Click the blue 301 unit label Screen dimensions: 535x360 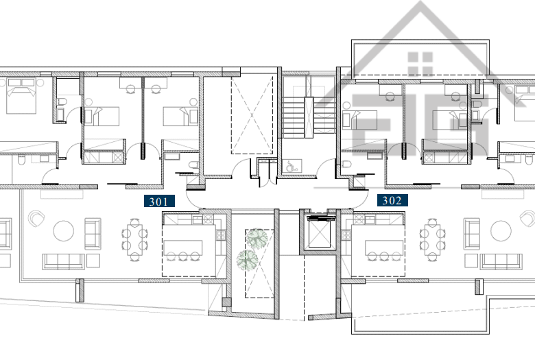(x=159, y=201)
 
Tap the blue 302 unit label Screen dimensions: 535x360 (x=392, y=200)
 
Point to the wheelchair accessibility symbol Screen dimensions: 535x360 (x=292, y=167)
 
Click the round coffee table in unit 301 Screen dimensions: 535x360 (x=64, y=231)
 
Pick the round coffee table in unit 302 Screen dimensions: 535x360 (x=501, y=231)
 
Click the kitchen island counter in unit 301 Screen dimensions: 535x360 (x=183, y=247)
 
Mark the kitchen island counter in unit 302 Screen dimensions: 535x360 (x=384, y=247)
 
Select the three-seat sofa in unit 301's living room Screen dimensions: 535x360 (x=64, y=262)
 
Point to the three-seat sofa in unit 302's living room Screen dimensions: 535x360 (x=501, y=262)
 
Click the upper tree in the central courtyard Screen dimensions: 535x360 (x=257, y=238)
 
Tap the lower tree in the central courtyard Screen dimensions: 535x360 (x=247, y=260)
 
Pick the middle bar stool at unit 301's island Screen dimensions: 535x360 (x=183, y=256)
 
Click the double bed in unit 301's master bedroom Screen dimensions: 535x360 (x=21, y=96)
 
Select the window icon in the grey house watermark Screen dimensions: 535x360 (x=420, y=64)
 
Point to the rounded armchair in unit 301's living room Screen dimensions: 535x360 (x=37, y=218)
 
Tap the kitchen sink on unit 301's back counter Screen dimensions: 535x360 (x=198, y=219)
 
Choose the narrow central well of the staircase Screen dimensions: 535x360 (x=309, y=117)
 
